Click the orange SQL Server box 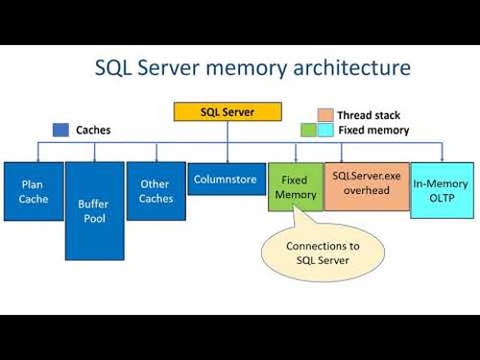tap(228, 110)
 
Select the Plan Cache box tap(34, 191)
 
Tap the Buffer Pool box tap(94, 210)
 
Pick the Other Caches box tap(156, 191)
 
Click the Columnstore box tap(227, 179)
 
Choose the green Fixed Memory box tap(296, 187)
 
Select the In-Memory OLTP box tap(442, 190)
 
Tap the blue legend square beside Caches tap(61, 129)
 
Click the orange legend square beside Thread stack tap(324, 114)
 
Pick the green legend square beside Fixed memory tap(308, 130)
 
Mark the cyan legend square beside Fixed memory tap(324, 130)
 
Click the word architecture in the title tap(356, 68)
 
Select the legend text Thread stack tap(368, 115)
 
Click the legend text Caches tap(92, 129)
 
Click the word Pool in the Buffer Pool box tap(94, 219)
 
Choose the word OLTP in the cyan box tap(442, 198)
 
